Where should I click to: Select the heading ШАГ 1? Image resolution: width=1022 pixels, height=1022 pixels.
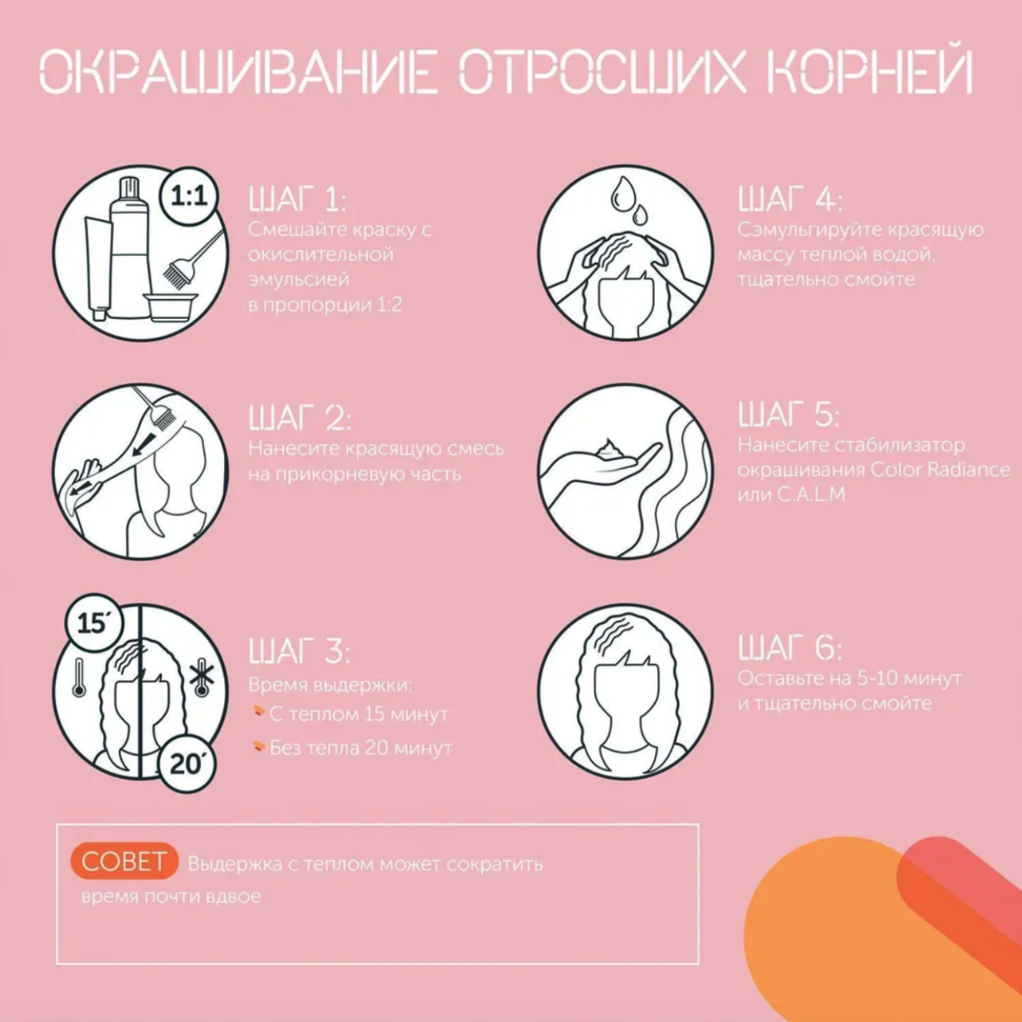coord(297,200)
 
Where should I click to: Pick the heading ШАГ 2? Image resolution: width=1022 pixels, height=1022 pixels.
coord(300,417)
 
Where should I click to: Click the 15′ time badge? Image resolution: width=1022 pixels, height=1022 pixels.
coord(94,623)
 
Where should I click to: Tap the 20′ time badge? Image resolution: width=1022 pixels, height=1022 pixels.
coord(187,765)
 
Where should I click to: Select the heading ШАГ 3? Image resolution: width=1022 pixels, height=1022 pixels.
coord(300,651)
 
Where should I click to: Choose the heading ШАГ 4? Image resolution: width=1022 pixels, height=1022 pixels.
coord(790,200)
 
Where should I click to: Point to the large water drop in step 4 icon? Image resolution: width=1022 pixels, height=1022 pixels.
coord(622,194)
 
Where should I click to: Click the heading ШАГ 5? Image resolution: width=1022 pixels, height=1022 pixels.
coord(788,415)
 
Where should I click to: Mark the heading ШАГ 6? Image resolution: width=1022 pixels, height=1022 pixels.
coord(790,648)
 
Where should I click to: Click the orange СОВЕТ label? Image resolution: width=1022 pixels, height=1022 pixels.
coord(124,861)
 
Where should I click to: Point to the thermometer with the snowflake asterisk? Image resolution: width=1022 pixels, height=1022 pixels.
coord(201,678)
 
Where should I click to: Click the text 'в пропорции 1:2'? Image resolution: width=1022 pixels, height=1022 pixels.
coord(325,305)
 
